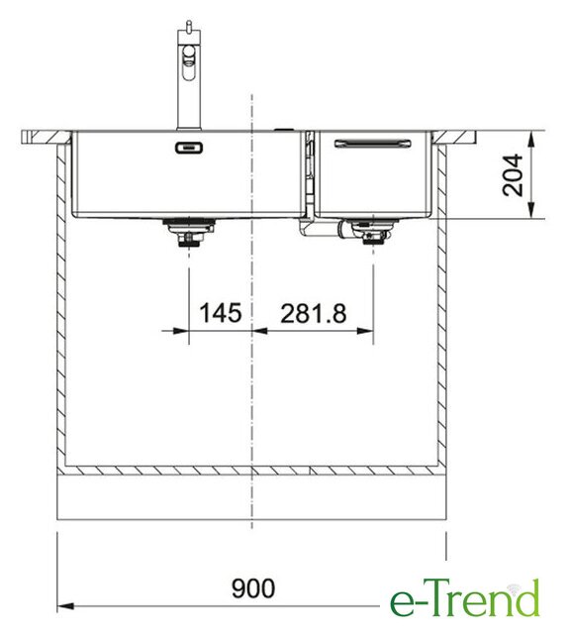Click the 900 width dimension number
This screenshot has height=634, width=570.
coord(253,587)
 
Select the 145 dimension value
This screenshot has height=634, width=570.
coord(221,313)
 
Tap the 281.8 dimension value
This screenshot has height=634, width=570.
coord(314,314)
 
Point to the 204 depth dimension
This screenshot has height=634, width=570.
coord(513,174)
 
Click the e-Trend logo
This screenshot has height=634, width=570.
coord(464,598)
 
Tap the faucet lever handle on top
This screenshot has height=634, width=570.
coord(188,27)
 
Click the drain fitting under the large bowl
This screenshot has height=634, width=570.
coord(189,232)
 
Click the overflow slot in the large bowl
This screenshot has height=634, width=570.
coord(189,148)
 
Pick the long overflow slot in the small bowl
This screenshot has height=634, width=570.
coord(373,144)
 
